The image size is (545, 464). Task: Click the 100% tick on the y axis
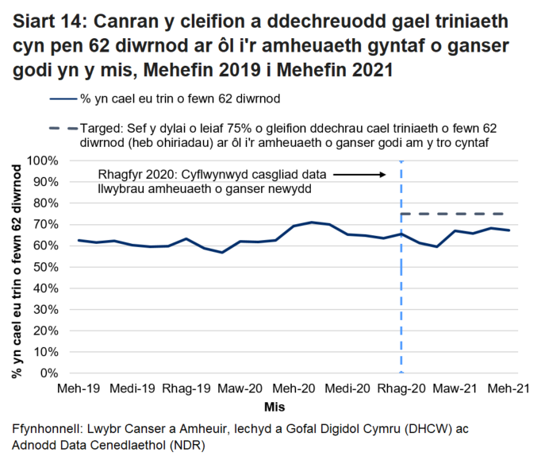(x=43, y=160)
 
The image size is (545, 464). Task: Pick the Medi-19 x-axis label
(x=132, y=389)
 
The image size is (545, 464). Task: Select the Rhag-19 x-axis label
(x=186, y=389)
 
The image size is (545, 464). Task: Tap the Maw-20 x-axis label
(x=240, y=389)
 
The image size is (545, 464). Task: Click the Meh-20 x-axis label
(x=294, y=389)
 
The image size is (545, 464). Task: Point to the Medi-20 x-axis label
(x=347, y=389)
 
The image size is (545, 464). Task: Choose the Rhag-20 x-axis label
(x=401, y=389)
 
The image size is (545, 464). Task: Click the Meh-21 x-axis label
(x=509, y=389)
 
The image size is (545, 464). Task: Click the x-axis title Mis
(x=275, y=407)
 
